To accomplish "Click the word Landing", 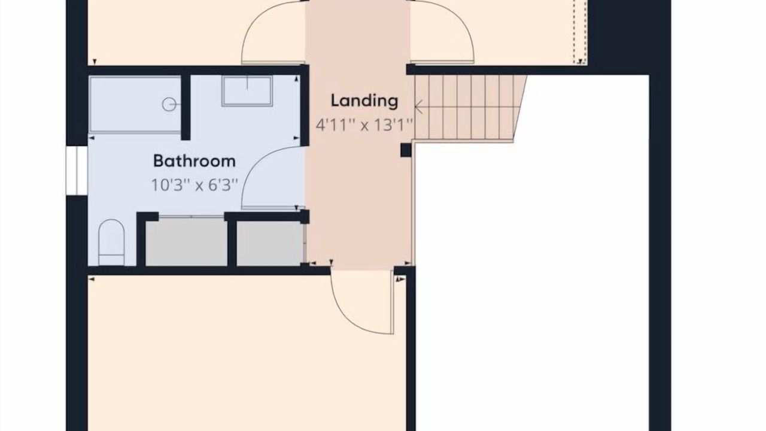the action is pos(364,101).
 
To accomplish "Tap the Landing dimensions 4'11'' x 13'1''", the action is pos(364,125).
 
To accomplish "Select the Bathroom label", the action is pos(194,161).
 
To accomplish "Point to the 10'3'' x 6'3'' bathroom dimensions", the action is pos(194,186).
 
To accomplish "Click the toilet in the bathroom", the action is pos(111,242).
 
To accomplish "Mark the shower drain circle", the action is pos(169,104).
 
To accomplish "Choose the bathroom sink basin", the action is pos(247,91).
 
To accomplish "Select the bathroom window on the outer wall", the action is pos(77,171).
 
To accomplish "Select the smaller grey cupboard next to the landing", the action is pos(270,244).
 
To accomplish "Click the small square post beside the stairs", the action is pos(406,150).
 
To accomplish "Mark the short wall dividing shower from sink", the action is pos(186,107).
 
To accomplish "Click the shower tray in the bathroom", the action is pos(135,104).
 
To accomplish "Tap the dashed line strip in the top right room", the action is pos(580,32).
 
